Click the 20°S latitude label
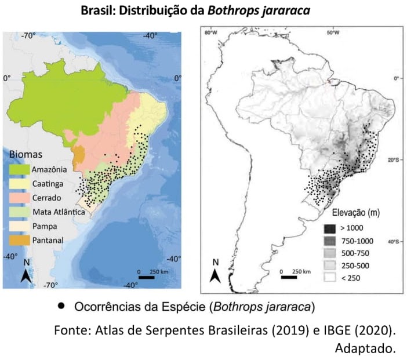point(393,159)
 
